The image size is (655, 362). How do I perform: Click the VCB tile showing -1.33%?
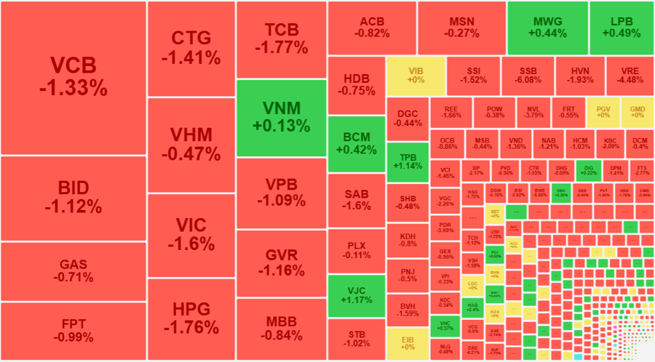pyautogui.click(x=73, y=77)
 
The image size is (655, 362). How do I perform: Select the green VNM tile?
pyautogui.click(x=281, y=118)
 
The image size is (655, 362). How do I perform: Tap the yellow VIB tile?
pyautogui.click(x=416, y=75)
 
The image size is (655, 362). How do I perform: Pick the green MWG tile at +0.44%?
pyautogui.click(x=547, y=28)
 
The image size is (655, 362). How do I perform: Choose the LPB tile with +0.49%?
pyautogui.click(x=621, y=28)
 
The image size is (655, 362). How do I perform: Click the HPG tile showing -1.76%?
pyautogui.click(x=191, y=318)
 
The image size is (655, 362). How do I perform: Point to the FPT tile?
pyautogui.click(x=73, y=331)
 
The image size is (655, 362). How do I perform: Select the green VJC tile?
pyautogui.click(x=356, y=296)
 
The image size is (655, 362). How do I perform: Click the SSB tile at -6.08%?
pyautogui.click(x=529, y=75)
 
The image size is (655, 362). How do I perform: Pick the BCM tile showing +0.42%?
pyautogui.click(x=356, y=144)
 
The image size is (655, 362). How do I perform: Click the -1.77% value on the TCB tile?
pyautogui.click(x=281, y=47)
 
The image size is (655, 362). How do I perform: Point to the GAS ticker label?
pyautogui.click(x=73, y=265)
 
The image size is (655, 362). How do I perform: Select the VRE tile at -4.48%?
pyautogui.click(x=630, y=75)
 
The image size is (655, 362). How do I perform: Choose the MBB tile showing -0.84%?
pyautogui.click(x=281, y=329)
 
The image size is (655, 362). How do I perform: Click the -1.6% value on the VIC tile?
pyautogui.click(x=191, y=243)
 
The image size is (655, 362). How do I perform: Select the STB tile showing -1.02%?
pyautogui.click(x=356, y=339)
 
